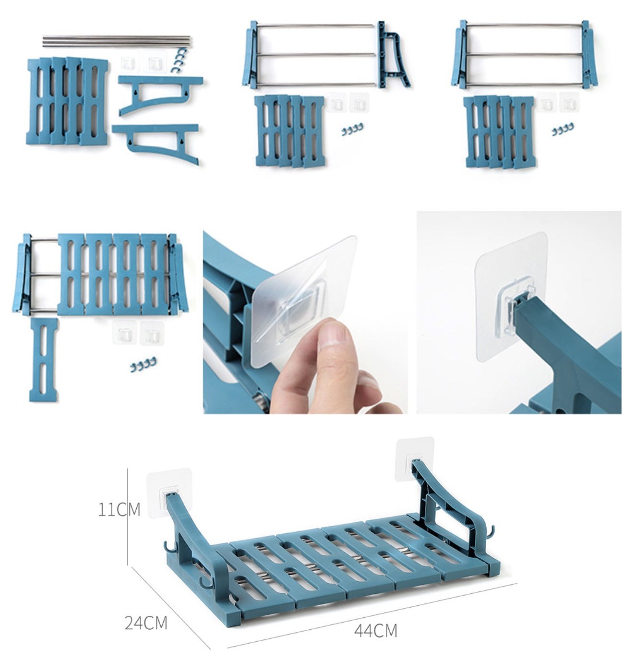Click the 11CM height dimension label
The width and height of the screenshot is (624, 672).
click(119, 510)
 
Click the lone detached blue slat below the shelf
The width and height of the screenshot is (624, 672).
click(44, 360)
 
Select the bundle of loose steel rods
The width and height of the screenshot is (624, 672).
click(116, 41)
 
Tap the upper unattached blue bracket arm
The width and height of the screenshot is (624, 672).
click(160, 94)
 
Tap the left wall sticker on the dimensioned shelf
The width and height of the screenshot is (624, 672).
click(169, 492)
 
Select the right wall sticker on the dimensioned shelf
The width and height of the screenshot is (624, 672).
click(415, 458)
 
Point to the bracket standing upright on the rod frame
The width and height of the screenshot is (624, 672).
click(393, 56)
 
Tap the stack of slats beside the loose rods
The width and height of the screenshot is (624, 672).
click(67, 101)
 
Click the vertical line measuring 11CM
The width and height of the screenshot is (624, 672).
click(128, 516)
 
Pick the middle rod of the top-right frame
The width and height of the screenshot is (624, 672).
click(524, 54)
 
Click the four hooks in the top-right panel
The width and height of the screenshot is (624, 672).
click(563, 129)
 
